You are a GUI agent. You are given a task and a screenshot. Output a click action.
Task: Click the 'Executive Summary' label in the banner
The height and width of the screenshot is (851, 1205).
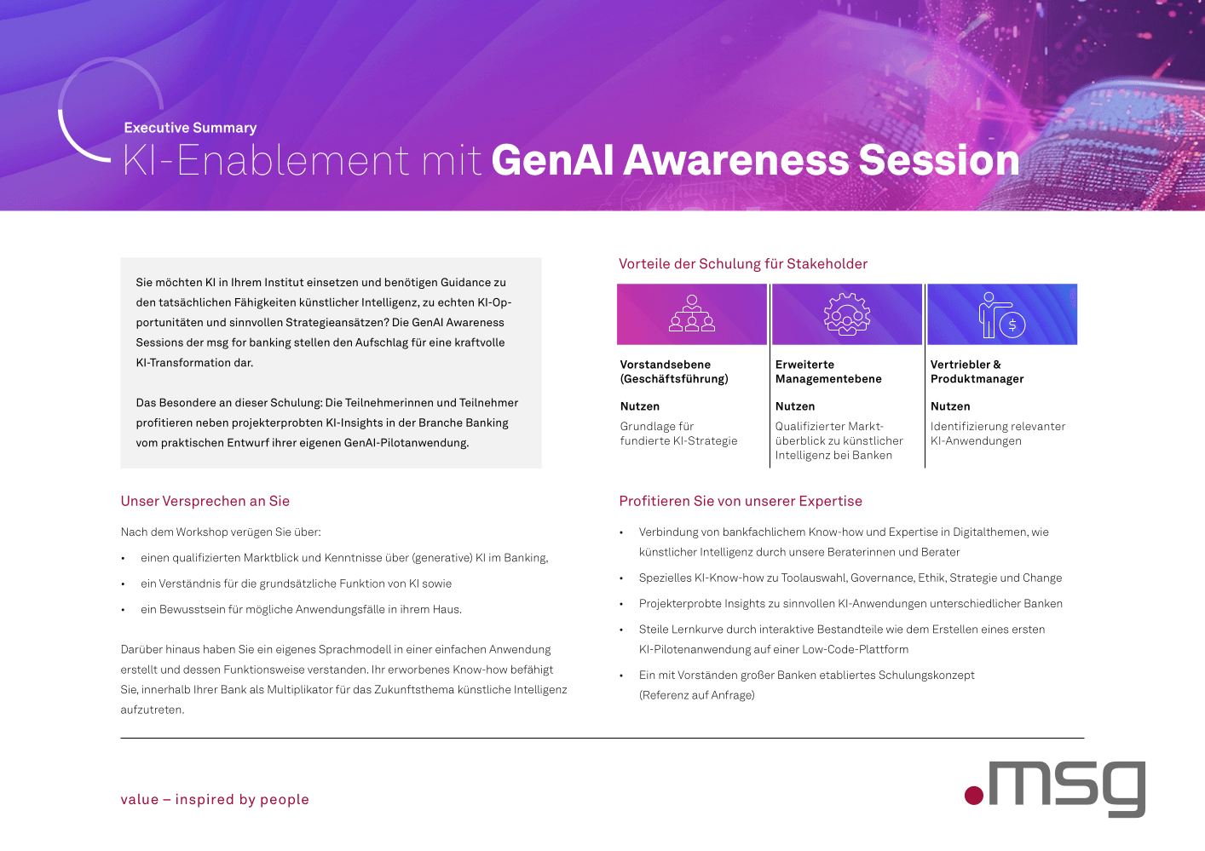(190, 128)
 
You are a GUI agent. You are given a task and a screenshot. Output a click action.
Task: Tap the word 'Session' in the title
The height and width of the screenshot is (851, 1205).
(939, 160)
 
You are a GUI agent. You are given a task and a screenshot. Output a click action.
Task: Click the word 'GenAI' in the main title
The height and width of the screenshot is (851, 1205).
(552, 160)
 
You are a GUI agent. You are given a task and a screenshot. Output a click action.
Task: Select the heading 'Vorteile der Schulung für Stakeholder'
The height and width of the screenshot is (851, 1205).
(743, 264)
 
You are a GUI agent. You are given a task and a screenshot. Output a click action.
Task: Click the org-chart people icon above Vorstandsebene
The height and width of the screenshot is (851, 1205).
(692, 313)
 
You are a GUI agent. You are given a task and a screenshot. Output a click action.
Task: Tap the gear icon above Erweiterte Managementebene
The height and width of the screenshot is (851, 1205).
(847, 314)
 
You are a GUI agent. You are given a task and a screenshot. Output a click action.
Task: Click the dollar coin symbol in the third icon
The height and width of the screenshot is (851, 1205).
(1012, 325)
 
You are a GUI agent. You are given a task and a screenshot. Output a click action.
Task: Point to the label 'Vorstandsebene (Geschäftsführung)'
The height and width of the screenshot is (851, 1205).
(674, 371)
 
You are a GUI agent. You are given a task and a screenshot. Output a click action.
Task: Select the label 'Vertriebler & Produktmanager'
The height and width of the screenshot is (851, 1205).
(977, 371)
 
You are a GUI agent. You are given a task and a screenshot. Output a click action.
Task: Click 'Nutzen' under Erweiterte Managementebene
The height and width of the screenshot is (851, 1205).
(794, 406)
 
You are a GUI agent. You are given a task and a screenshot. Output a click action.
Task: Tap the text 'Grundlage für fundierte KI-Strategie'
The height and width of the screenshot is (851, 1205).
(678, 434)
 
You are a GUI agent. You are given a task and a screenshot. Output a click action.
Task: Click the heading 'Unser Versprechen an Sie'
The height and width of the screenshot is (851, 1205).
(205, 501)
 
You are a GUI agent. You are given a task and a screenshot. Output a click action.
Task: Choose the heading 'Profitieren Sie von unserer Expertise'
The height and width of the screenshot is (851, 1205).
(741, 501)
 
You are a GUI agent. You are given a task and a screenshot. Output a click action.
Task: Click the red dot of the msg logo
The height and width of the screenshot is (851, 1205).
(974, 796)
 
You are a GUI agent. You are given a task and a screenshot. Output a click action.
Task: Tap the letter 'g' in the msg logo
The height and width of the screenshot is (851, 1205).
(1122, 789)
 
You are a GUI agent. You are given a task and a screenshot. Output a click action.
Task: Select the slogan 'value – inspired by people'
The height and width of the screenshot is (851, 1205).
(215, 799)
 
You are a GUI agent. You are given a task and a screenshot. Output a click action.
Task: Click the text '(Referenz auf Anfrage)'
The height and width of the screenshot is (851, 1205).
(696, 695)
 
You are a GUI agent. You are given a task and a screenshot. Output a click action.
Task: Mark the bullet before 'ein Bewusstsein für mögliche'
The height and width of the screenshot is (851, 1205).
(124, 610)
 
